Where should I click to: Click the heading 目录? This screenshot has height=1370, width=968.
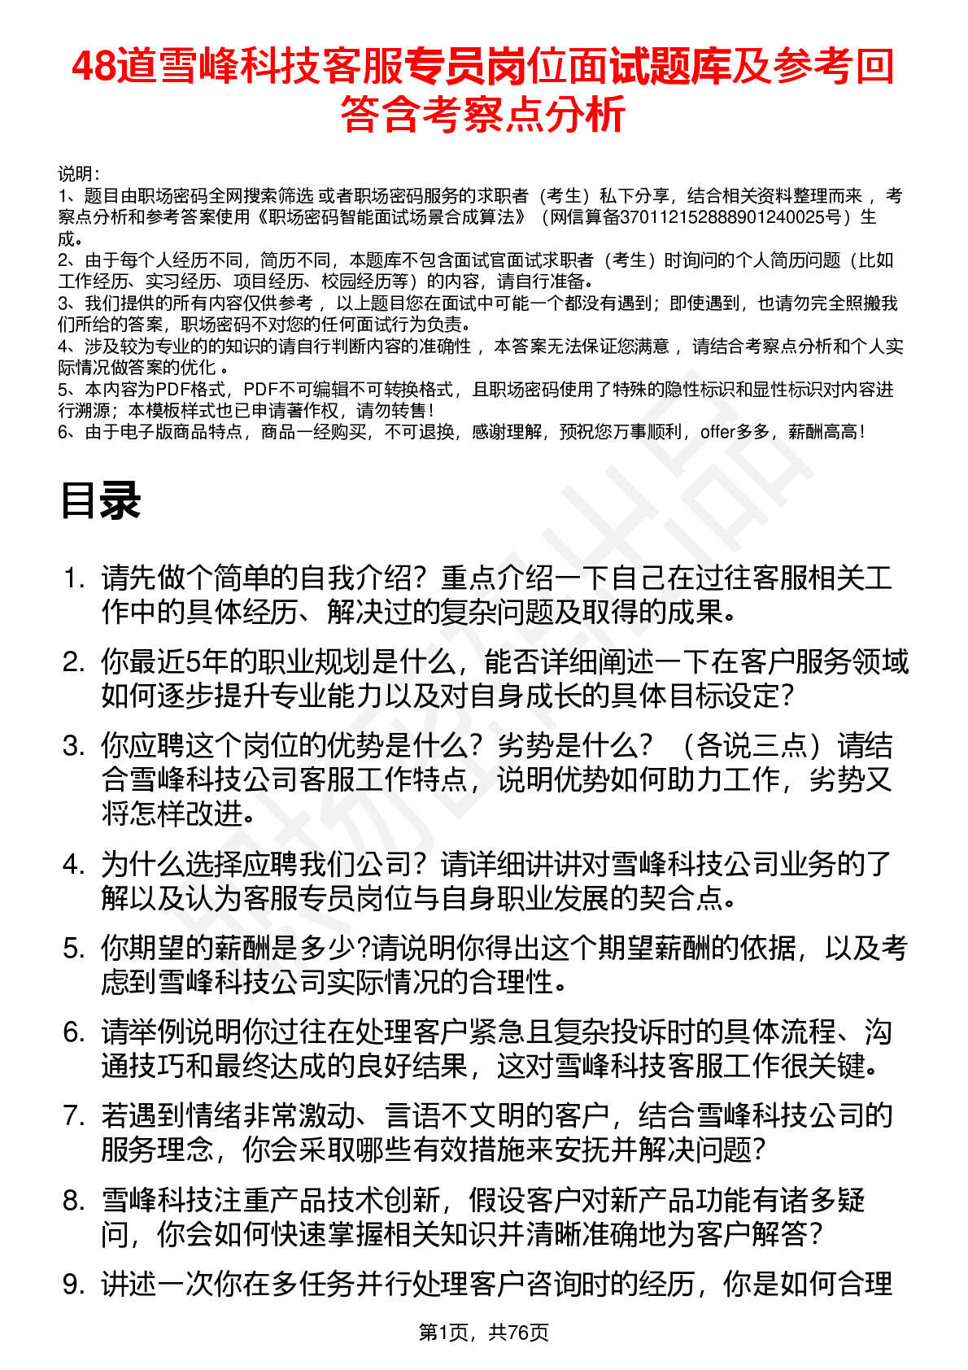coord(100,500)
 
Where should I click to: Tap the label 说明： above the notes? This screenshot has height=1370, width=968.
coord(79,174)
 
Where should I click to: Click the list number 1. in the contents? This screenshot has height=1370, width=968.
coord(74,578)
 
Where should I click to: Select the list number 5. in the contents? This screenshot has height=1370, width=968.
coord(74,948)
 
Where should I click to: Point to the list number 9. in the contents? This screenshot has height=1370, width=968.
coord(74,1284)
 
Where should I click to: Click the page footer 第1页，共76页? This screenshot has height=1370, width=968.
coord(483,1333)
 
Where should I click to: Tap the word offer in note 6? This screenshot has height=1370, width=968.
coord(717,432)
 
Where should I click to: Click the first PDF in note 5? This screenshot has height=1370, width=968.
coord(171,390)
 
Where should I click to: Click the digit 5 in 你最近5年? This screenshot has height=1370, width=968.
coord(192,662)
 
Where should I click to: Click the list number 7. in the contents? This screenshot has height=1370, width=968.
coord(74,1115)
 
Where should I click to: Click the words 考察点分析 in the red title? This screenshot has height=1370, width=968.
coord(524,114)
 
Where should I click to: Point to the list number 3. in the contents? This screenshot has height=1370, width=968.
coord(74,745)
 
